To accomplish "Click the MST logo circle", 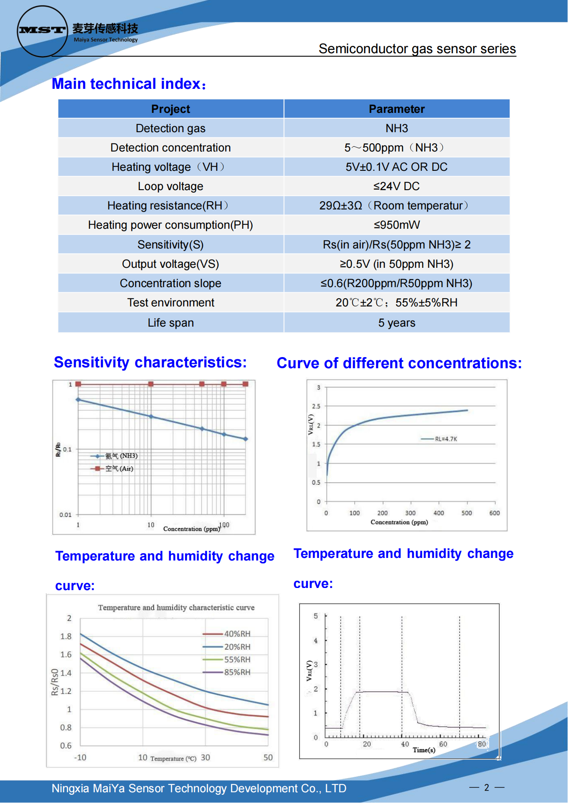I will [x=42, y=31].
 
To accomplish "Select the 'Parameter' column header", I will [x=396, y=109].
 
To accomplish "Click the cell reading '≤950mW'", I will [x=396, y=225].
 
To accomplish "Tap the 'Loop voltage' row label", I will [x=170, y=186].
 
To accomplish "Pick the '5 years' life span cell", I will [x=396, y=323].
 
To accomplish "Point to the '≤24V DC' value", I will [x=396, y=186].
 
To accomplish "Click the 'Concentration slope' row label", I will [x=170, y=283].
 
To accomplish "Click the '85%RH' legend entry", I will [x=237, y=672].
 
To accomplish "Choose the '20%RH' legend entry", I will [x=237, y=647].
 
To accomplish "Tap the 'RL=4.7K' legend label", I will [x=446, y=439].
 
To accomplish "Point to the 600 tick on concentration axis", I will [x=494, y=513].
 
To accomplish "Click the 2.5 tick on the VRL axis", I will [x=316, y=406].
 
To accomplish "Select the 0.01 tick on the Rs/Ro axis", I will [x=65, y=515].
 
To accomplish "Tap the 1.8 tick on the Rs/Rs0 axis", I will [x=66, y=636].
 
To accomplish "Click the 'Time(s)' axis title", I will [x=424, y=750].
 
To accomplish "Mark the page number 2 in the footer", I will [x=486, y=788].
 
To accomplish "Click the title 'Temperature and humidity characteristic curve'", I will [x=176, y=607].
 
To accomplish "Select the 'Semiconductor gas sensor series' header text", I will [x=417, y=49].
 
